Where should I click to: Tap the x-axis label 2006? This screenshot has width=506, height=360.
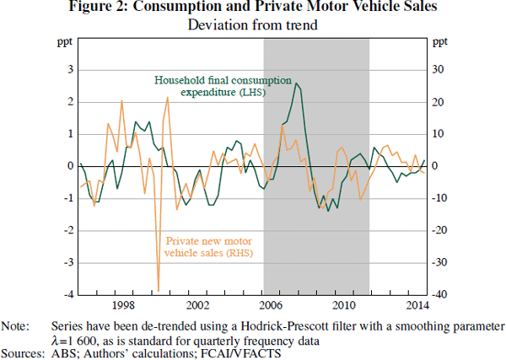tap(270, 304)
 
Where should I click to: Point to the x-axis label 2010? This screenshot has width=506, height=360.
tap(344, 304)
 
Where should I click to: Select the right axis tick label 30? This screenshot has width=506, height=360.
tap(439, 70)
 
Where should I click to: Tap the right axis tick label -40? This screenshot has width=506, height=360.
tap(439, 294)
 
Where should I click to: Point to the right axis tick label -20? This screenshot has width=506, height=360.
tap(439, 230)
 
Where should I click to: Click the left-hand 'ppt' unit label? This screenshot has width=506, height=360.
tap(64, 41)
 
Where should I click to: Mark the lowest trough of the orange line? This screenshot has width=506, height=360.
tap(159, 290)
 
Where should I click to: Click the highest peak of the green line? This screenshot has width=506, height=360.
tap(295, 83)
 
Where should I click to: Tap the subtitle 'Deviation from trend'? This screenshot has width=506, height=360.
tap(252, 24)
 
